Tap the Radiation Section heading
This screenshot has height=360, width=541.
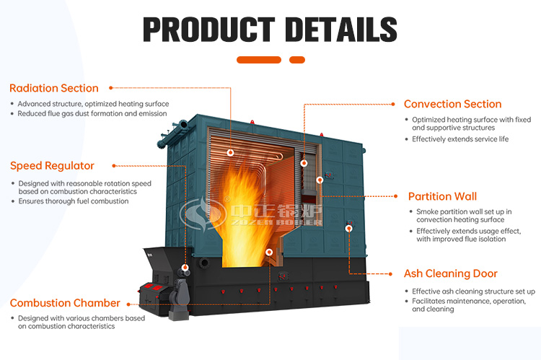tap(53, 88)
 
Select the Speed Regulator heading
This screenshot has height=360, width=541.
tap(52, 166)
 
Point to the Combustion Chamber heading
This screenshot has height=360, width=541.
tap(64, 303)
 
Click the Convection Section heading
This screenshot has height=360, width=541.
tap(452, 104)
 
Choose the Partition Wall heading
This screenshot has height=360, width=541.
tap(442, 196)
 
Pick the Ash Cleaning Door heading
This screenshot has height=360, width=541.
tap(450, 273)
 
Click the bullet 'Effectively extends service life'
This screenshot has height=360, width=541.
tap(460, 139)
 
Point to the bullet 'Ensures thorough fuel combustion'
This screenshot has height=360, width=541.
tap(73, 201)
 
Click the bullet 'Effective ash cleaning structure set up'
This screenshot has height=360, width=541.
tap(473, 291)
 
